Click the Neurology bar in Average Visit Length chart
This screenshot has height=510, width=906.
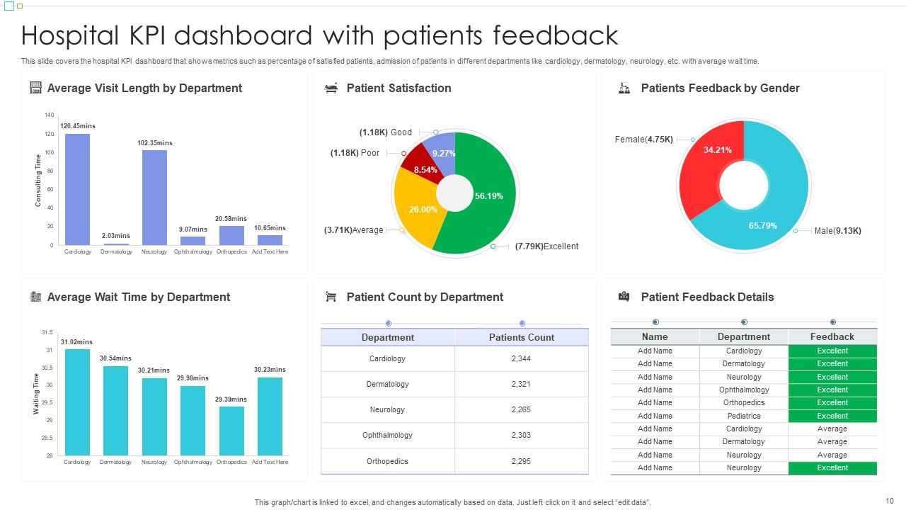pyautogui.click(x=154, y=198)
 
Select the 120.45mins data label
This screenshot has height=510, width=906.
pyautogui.click(x=78, y=126)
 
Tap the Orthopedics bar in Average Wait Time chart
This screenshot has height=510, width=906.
pyautogui.click(x=231, y=430)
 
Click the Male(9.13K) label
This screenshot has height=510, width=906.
pyautogui.click(x=837, y=231)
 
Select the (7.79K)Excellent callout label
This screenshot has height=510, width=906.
pyautogui.click(x=546, y=246)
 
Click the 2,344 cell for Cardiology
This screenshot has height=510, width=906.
pyautogui.click(x=521, y=358)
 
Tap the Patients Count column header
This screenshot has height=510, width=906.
pyautogui.click(x=522, y=337)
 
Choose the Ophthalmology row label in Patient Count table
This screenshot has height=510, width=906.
pyautogui.click(x=387, y=435)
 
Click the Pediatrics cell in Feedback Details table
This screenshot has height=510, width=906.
pyautogui.click(x=744, y=416)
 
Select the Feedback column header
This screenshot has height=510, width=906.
pyautogui.click(x=832, y=336)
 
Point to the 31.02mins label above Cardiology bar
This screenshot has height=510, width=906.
pyautogui.click(x=76, y=342)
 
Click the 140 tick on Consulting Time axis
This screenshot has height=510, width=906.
pyautogui.click(x=49, y=115)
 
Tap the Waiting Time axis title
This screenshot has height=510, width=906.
pyautogui.click(x=36, y=393)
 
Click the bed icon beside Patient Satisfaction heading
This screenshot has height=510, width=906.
pyautogui.click(x=331, y=88)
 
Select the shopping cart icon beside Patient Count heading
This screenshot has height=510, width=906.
pyautogui.click(x=331, y=297)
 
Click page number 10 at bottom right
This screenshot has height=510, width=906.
pyautogui.click(x=890, y=501)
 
